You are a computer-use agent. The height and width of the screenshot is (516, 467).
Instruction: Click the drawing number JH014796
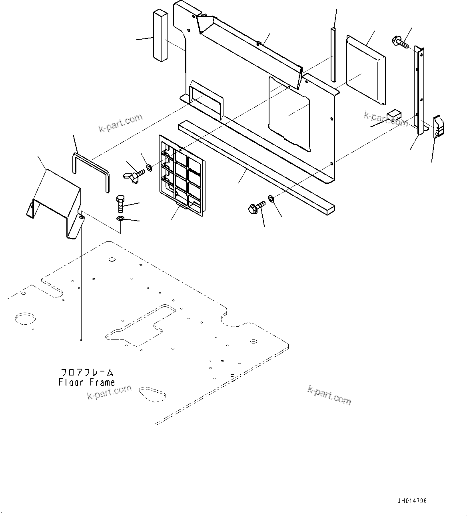pos(411,501)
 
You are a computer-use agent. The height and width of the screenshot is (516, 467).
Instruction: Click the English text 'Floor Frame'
pos(87,382)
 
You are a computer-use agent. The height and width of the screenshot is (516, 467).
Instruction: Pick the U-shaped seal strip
pos(91,170)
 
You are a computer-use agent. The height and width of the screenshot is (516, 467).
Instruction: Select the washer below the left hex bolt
pos(120,219)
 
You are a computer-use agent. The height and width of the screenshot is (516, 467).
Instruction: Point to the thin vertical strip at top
pos(333,54)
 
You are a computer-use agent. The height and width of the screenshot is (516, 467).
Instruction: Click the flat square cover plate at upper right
pos(365,69)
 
